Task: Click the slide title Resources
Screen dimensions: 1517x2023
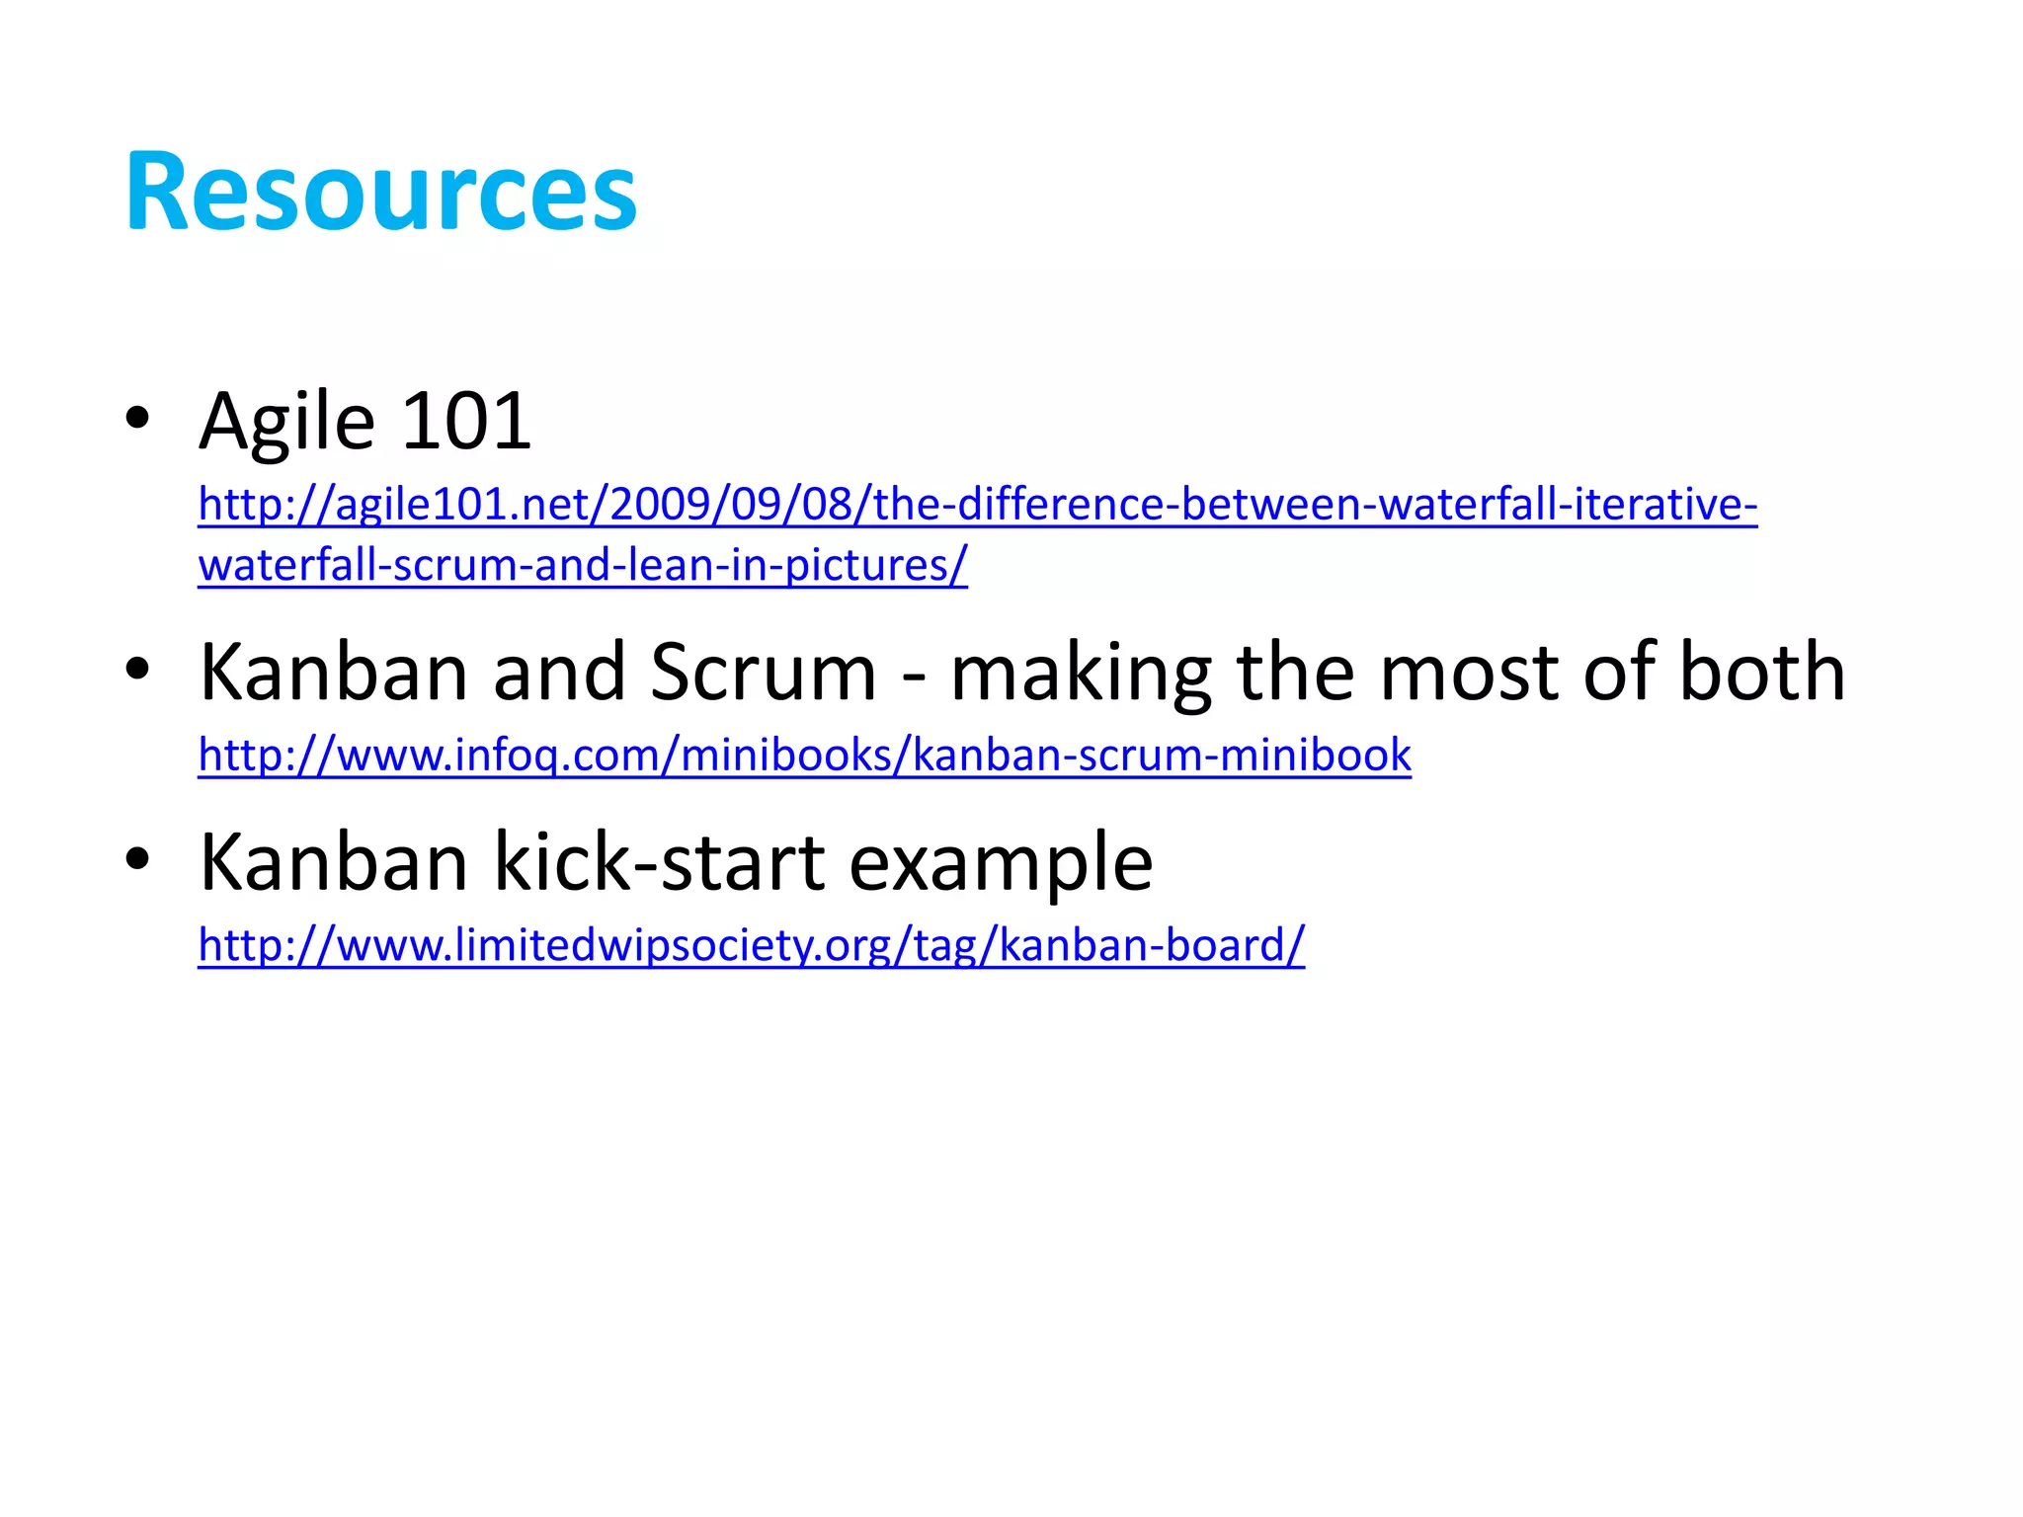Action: point(380,192)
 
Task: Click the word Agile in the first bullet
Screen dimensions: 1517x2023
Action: point(286,423)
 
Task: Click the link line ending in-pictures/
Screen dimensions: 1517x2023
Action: point(582,565)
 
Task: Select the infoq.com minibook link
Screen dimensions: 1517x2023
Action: point(804,755)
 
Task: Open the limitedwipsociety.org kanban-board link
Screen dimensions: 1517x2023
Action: point(751,945)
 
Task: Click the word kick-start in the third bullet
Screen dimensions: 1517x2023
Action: point(659,861)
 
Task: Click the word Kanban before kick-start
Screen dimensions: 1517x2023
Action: point(333,862)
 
